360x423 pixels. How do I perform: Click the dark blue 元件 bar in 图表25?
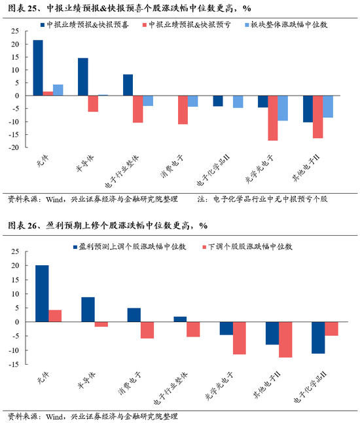(38, 67)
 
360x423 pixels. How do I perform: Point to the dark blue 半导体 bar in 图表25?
(83, 77)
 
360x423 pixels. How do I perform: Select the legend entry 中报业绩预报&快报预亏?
(185, 24)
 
